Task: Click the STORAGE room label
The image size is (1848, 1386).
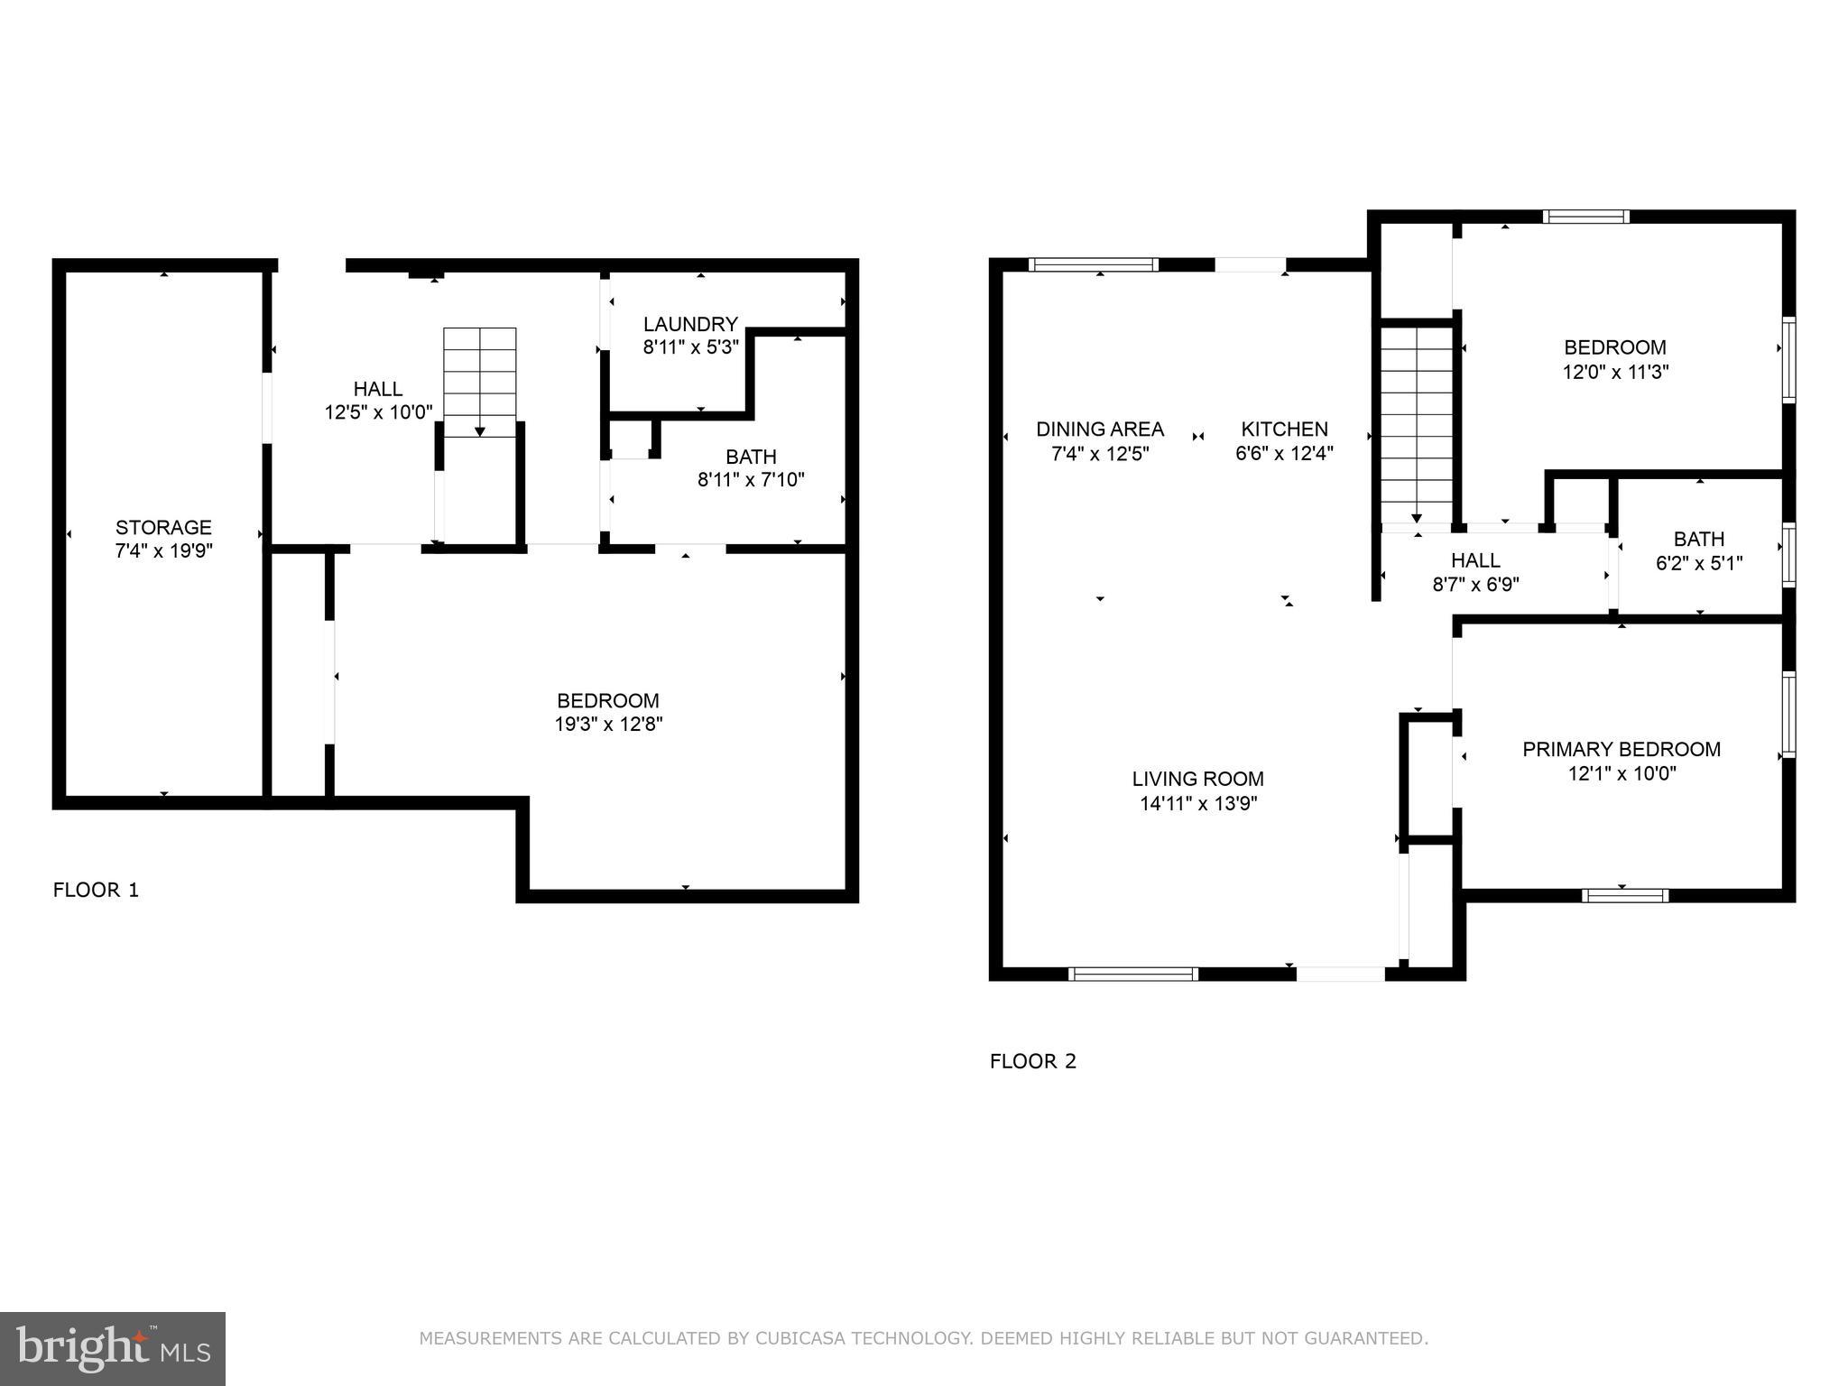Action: [x=163, y=527]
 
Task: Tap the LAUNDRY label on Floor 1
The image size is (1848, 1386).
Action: [x=690, y=324]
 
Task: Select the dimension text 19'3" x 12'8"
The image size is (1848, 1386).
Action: [x=608, y=724]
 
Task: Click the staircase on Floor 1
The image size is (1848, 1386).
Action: [x=479, y=381]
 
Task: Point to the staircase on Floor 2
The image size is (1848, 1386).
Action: [x=1417, y=424]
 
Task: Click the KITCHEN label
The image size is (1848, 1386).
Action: [x=1284, y=430]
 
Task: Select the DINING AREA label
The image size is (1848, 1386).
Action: [x=1099, y=430]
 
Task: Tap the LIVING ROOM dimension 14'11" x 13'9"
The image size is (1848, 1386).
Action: [x=1197, y=803]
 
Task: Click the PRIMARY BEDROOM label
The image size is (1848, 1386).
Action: [x=1621, y=749]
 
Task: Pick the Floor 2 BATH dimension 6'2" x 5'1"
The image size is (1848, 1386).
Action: [x=1698, y=563]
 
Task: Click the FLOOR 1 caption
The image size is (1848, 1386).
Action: [x=96, y=891]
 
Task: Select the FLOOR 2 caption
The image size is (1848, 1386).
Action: [x=1032, y=1061]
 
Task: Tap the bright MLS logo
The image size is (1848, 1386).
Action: [x=112, y=1348]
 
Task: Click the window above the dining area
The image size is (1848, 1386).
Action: [x=1093, y=264]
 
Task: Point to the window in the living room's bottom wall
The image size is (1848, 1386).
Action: [x=1132, y=974]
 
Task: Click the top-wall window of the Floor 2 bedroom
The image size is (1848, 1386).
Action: [x=1585, y=217]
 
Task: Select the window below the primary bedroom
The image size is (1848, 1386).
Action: [x=1624, y=896]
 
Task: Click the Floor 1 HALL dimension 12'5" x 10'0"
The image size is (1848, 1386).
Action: [x=378, y=412]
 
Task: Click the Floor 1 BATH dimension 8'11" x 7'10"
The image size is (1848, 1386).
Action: [x=751, y=480]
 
